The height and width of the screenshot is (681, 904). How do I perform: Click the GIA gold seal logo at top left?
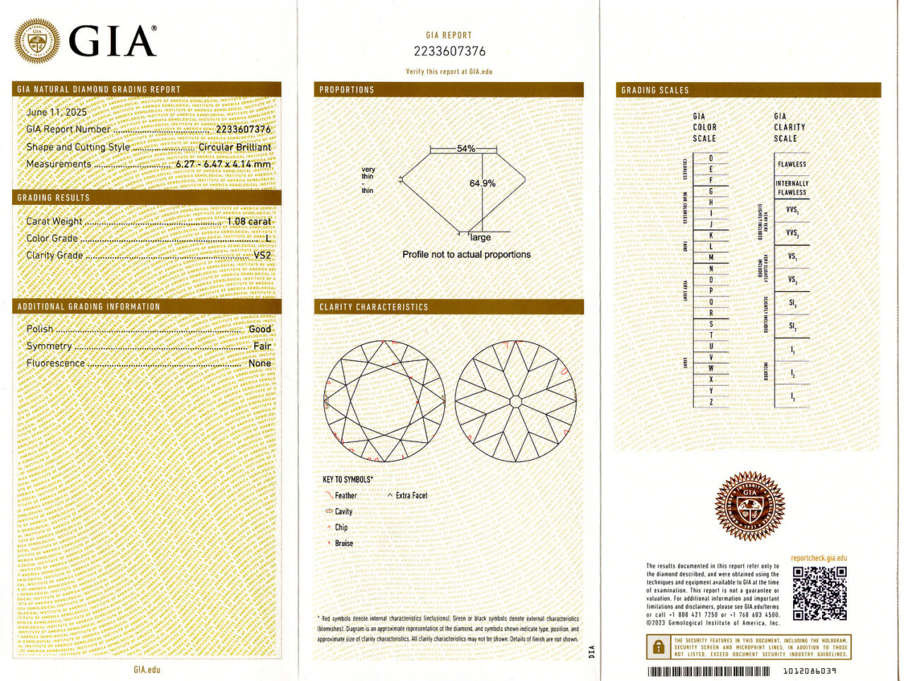pos(37,41)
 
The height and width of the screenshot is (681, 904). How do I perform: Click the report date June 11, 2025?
pos(56,112)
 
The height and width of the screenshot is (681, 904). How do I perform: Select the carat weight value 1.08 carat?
pos(249,221)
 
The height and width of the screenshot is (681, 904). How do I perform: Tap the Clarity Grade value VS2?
pos(262,255)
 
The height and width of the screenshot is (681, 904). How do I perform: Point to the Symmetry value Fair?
pos(262,346)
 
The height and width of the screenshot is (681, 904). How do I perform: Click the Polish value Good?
pos(260,329)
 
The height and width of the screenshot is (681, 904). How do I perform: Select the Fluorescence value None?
pos(259,363)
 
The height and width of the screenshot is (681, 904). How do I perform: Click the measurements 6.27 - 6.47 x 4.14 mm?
pos(223,164)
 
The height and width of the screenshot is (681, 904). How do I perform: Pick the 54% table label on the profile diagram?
pos(466,148)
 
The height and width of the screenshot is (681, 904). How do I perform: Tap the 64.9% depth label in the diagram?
pos(482,183)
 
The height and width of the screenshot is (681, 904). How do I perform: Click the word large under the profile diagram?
pos(480,238)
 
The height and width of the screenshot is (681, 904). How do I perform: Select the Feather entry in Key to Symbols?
pos(345,495)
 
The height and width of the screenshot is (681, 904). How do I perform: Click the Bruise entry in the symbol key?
pos(344,543)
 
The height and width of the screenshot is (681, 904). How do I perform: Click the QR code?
pos(819,593)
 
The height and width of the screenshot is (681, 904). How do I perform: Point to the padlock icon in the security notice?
pos(658,646)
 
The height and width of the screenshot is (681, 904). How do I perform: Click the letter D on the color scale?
pos(710,159)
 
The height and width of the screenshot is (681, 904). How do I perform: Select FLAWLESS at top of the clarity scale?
pos(792,164)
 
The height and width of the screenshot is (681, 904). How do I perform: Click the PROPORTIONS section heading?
pos(347,90)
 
